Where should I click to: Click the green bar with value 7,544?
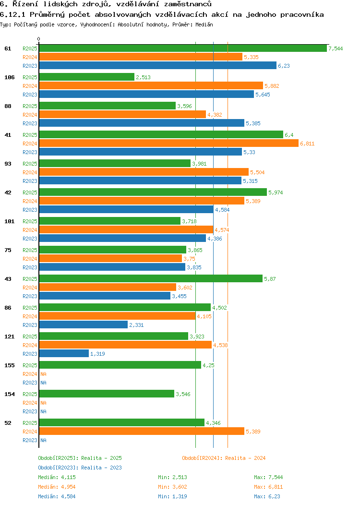(183, 48)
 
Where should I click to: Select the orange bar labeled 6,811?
(168, 143)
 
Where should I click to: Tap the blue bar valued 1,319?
(64, 353)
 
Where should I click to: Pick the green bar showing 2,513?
(86, 77)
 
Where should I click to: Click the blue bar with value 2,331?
(83, 325)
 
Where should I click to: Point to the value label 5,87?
(270, 279)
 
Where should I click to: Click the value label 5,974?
(276, 192)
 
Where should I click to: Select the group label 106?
(9, 77)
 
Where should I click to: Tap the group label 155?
(9, 365)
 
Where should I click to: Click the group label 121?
(9, 337)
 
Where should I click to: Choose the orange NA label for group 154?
(43, 403)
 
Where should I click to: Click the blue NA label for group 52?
(43, 440)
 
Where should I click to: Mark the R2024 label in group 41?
(30, 144)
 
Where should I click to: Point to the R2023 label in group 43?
(30, 296)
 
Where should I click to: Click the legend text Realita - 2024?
(245, 458)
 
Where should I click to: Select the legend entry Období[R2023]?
(59, 468)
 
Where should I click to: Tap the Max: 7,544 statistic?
(268, 477)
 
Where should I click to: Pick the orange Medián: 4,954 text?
(57, 487)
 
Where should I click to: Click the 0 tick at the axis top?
(39, 39)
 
